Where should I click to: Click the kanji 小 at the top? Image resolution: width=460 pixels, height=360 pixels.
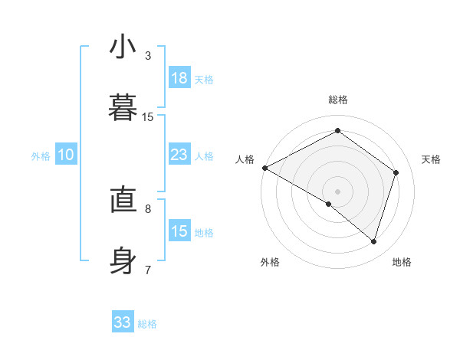[123, 47]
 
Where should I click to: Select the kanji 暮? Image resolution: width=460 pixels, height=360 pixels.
[123, 106]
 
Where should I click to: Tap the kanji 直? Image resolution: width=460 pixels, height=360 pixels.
[123, 201]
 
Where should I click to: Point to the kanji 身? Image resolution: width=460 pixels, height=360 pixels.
[123, 260]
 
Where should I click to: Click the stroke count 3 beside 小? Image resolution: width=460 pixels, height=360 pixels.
[148, 56]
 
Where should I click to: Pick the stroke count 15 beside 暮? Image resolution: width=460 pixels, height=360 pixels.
[148, 116]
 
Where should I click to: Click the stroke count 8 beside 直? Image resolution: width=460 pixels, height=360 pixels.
[148, 208]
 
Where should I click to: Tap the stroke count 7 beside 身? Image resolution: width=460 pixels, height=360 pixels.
[148, 270]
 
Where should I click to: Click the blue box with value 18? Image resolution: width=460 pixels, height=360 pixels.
[179, 78]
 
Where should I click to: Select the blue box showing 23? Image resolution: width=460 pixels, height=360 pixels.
[179, 155]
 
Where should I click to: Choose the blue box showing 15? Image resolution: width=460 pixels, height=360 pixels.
[179, 231]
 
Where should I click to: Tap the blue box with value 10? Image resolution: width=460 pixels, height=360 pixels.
[66, 155]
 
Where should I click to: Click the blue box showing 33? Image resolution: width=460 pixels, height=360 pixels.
[123, 322]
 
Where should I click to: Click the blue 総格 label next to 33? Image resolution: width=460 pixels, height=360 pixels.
[147, 324]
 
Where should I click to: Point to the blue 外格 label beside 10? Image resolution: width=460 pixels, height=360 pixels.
[41, 156]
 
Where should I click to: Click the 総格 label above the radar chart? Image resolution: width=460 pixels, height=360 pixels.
[337, 100]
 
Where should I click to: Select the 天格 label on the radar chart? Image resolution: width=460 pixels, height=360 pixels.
[432, 159]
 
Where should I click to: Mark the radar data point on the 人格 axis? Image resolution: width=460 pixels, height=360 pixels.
[264, 168]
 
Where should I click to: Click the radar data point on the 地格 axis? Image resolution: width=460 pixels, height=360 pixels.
[373, 242]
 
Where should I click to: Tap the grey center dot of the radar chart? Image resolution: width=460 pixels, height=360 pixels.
[337, 191]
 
